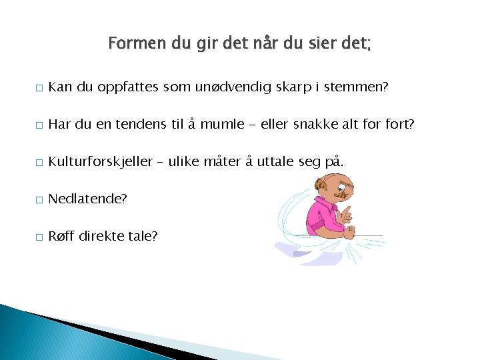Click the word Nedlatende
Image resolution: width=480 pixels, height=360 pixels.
pos(87,199)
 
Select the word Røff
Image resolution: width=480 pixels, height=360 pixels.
pos(61,235)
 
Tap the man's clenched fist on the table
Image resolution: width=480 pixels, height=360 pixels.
pos(349,231)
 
